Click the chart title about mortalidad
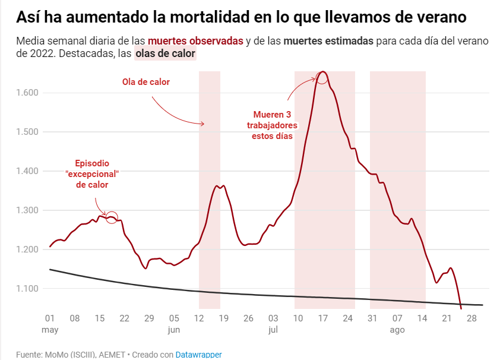(x=241, y=16)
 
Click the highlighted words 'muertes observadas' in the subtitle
(x=195, y=41)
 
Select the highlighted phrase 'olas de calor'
(x=165, y=54)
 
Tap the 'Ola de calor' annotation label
(x=146, y=82)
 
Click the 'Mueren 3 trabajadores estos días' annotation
(x=273, y=125)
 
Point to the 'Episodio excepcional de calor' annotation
(x=93, y=174)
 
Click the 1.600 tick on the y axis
(x=27, y=93)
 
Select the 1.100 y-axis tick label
(x=27, y=289)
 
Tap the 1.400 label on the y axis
(x=27, y=171)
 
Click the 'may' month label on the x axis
(x=50, y=329)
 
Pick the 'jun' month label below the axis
(x=174, y=329)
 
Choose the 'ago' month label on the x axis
(x=397, y=329)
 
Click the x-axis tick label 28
(x=471, y=318)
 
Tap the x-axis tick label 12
(x=199, y=318)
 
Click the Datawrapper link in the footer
(x=198, y=355)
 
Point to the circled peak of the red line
(x=322, y=78)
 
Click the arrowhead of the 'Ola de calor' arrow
(x=202, y=124)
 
